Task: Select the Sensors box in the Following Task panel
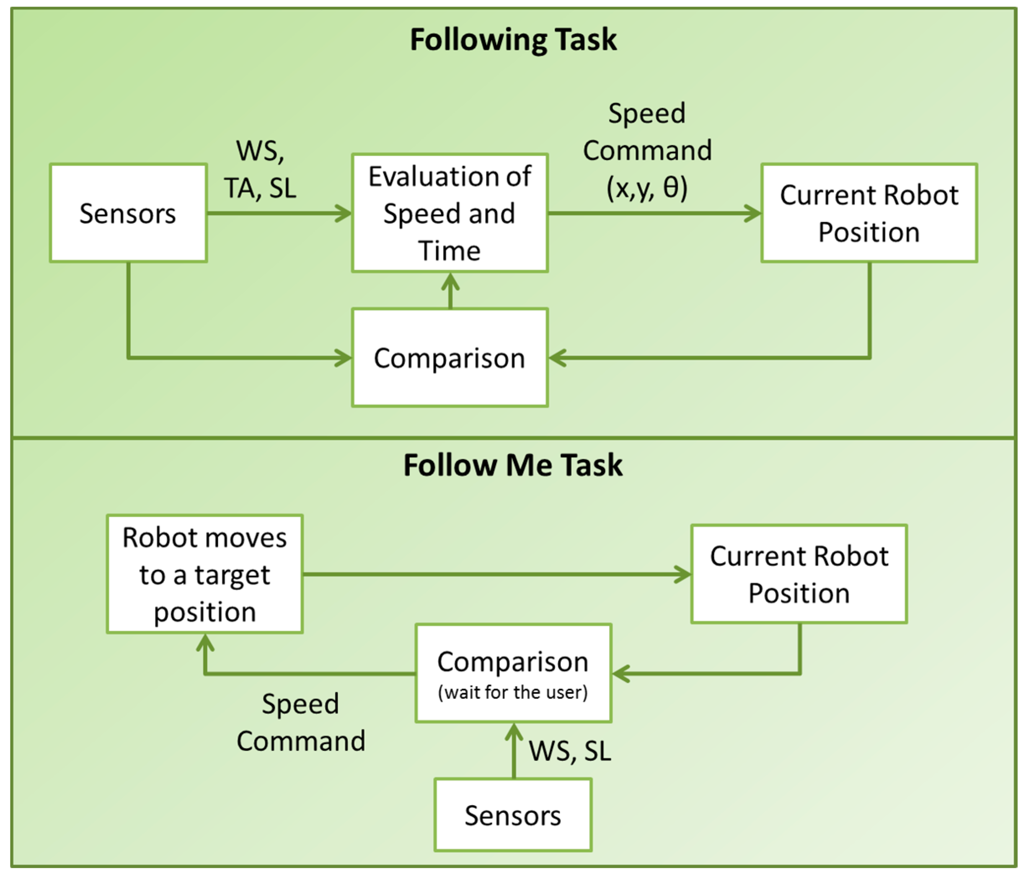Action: [128, 213]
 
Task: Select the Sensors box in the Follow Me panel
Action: [513, 815]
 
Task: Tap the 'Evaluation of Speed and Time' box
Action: [450, 213]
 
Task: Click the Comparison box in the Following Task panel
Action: [450, 358]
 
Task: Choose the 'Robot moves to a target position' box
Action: [204, 574]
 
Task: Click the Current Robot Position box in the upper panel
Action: [869, 213]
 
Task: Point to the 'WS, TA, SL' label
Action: [260, 169]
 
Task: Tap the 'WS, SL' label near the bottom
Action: [570, 751]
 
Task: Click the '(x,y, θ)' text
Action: [647, 188]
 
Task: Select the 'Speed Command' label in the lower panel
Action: [300, 723]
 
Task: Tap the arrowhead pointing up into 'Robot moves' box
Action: [205, 642]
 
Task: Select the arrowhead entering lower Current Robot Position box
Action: [683, 575]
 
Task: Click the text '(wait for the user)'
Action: [513, 692]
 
